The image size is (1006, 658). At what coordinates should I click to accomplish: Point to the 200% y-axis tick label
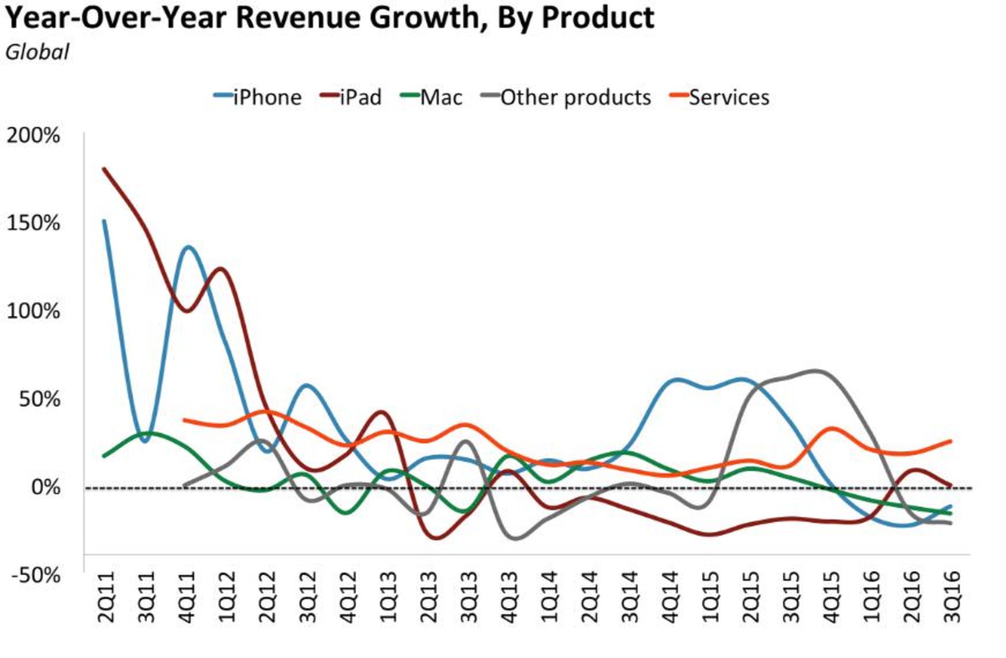(34, 136)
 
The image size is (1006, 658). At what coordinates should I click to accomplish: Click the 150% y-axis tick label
(34, 224)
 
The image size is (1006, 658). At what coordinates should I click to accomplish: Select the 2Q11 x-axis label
(106, 597)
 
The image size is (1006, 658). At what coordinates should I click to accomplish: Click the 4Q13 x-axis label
(509, 597)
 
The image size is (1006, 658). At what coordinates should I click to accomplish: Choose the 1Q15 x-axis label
(710, 597)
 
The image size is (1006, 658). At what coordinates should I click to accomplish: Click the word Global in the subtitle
(37, 52)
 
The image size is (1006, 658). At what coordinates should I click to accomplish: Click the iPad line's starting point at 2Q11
(104, 169)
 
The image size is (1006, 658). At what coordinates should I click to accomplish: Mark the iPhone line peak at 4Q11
(188, 247)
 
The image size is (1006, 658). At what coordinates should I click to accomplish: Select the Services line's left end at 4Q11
(184, 420)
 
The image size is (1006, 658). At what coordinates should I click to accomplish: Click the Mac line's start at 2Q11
(104, 456)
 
